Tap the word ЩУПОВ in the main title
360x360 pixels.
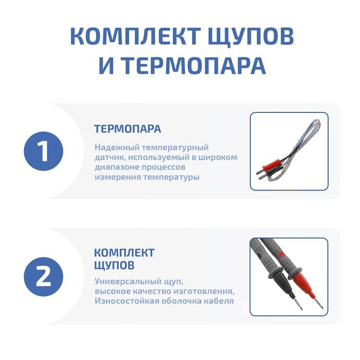[x=251, y=37]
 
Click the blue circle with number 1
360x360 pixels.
[x=43, y=151]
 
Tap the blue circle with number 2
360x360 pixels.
[x=43, y=276]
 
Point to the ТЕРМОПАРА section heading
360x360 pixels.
[x=128, y=129]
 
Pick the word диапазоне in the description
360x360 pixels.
[x=117, y=168]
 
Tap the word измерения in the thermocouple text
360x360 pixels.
[x=118, y=177]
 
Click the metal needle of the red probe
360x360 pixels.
[x=319, y=302]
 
